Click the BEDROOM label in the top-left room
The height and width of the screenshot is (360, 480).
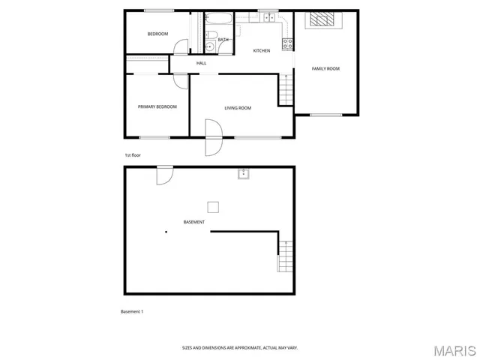(x=157, y=34)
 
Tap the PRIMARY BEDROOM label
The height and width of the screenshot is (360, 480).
(x=157, y=107)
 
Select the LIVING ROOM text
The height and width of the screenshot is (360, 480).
(x=238, y=108)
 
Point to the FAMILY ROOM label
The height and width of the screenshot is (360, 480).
(x=325, y=69)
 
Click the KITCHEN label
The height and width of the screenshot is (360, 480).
(x=261, y=51)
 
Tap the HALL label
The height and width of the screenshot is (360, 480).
(x=201, y=63)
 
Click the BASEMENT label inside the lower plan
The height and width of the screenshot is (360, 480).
(x=194, y=223)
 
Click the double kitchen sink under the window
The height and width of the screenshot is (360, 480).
(x=267, y=16)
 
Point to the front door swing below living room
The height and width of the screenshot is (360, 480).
(x=214, y=139)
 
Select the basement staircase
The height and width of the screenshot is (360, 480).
(x=284, y=256)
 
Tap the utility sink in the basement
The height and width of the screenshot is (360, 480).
(x=243, y=175)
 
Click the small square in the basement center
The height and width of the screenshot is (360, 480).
(x=214, y=207)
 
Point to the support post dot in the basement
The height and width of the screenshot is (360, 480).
(x=166, y=232)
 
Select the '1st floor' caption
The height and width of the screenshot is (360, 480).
(x=133, y=155)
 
